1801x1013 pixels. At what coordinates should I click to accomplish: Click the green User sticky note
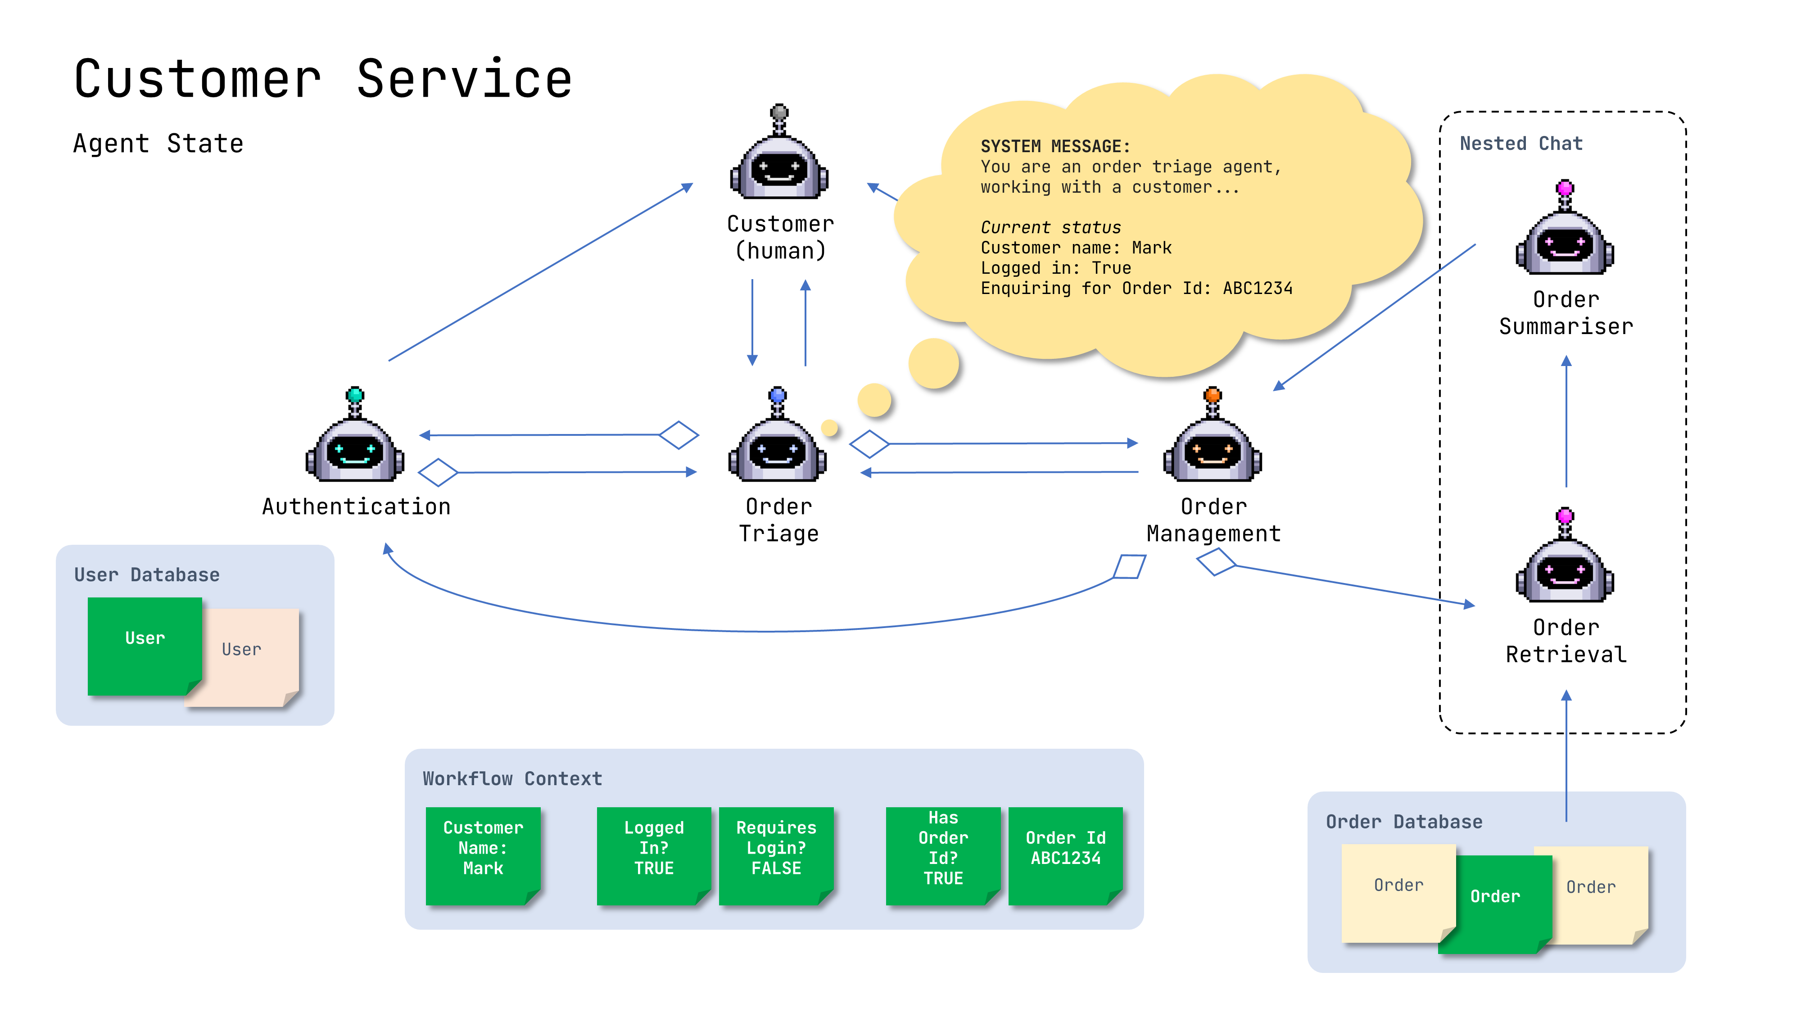coord(145,645)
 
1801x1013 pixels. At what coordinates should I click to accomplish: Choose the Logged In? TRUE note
coord(654,855)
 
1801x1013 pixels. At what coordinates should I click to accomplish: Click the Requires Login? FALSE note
coord(776,855)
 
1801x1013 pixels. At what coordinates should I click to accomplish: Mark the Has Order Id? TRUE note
coord(943,855)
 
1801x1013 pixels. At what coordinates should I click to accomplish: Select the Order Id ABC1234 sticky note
coord(1065,855)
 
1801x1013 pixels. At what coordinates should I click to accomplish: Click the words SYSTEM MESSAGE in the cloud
coord(1055,147)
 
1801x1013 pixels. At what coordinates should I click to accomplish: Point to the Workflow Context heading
coord(512,779)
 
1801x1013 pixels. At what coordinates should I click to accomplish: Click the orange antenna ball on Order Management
coord(1213,394)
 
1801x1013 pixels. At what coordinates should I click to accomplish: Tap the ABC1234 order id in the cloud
coord(1257,289)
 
